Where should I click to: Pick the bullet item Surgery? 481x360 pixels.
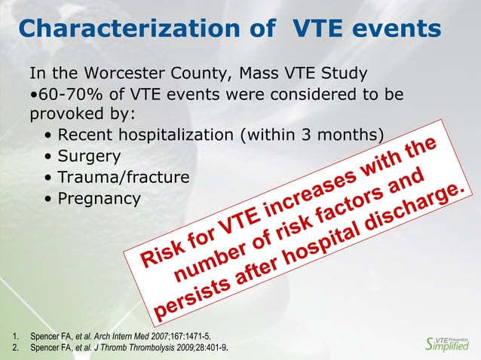pyautogui.click(x=89, y=157)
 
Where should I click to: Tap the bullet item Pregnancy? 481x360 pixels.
pyautogui.click(x=99, y=199)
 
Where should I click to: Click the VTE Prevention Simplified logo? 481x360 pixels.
pyautogui.click(x=447, y=343)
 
